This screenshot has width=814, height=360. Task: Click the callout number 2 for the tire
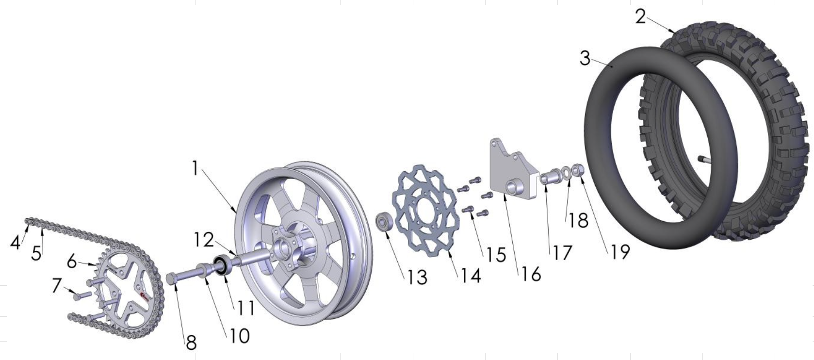640,17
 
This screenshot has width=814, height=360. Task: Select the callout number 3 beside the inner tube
585,59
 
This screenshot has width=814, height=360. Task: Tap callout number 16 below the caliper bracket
531,274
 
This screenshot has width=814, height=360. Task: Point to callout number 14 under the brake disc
471,276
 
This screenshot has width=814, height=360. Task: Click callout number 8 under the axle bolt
191,343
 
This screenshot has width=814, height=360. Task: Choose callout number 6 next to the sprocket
72,262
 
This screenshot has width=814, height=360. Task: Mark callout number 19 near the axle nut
619,251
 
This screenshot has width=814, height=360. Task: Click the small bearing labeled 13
385,223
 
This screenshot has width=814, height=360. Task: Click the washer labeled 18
566,173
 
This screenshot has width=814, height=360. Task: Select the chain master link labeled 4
29,222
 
